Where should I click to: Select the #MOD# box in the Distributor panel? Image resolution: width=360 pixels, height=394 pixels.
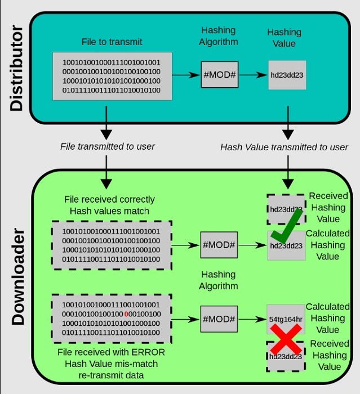(219, 74)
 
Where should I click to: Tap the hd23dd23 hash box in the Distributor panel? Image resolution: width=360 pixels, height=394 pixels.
(287, 75)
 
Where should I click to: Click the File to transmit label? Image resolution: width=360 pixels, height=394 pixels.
(112, 42)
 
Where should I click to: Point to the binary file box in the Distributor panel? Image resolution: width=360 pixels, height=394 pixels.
(112, 76)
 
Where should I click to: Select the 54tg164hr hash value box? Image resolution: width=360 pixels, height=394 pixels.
(286, 319)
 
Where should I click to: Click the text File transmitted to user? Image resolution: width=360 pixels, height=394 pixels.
(107, 146)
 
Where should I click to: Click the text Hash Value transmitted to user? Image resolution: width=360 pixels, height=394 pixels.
(284, 147)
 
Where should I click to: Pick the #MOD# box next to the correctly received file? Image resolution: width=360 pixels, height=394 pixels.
(219, 245)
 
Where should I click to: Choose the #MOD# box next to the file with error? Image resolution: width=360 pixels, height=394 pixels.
(219, 319)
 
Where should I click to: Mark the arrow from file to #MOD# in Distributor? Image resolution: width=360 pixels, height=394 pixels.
(186, 74)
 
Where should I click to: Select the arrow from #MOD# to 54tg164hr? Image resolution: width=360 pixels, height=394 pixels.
(252, 319)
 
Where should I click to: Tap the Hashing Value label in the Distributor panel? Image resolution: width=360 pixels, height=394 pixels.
(284, 38)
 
